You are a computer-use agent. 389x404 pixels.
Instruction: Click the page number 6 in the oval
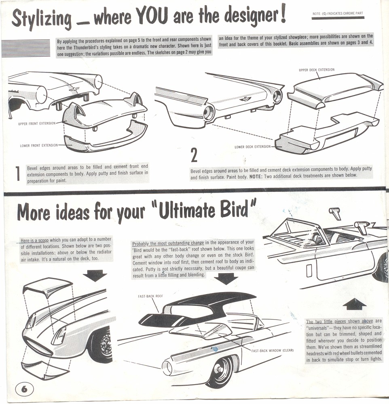(24, 389)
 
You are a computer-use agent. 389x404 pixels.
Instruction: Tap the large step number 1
(18, 174)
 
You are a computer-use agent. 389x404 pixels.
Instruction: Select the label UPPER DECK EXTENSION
(317, 70)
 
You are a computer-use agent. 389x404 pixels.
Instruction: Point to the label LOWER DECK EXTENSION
(252, 147)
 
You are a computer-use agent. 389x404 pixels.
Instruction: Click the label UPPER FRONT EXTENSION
(37, 123)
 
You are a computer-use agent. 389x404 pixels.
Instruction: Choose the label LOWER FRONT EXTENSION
(39, 145)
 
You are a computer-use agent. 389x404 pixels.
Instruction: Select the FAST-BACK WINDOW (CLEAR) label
(272, 350)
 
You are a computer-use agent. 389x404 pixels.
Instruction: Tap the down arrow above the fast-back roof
(226, 278)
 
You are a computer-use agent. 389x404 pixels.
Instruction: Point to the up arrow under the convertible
(354, 304)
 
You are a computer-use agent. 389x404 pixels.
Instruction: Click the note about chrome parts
(338, 14)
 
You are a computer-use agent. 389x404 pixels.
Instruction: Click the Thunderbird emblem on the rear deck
(245, 99)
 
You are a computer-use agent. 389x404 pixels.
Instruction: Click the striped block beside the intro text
(26, 48)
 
